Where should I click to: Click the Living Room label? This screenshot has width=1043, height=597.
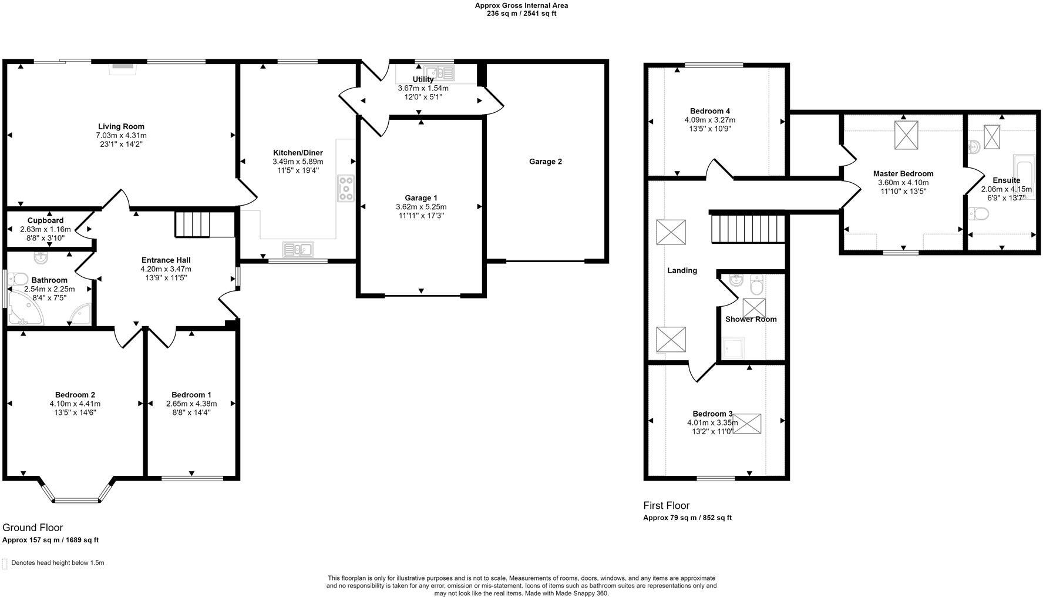point(121,126)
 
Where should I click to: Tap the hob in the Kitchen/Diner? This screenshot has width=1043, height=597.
point(346,189)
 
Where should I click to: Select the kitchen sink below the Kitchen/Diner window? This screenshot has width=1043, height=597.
point(298,250)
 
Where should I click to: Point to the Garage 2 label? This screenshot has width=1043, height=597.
point(545,162)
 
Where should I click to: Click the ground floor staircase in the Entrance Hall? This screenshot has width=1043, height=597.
point(193,224)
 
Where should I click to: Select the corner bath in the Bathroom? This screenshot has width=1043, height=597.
point(23,312)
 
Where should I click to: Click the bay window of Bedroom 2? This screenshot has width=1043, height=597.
point(76,500)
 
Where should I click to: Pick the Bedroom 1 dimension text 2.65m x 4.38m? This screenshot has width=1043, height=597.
point(191,404)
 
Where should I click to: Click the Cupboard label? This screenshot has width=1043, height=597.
point(45,220)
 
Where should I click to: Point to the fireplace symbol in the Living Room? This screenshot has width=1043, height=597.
point(123,66)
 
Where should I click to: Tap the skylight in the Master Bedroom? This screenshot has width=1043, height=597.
point(906,135)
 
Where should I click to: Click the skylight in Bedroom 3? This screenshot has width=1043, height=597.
point(746,424)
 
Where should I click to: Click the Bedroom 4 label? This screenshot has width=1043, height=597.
point(709,111)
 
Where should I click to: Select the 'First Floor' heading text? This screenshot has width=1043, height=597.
point(666,505)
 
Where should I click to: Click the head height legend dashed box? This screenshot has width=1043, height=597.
point(5,564)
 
